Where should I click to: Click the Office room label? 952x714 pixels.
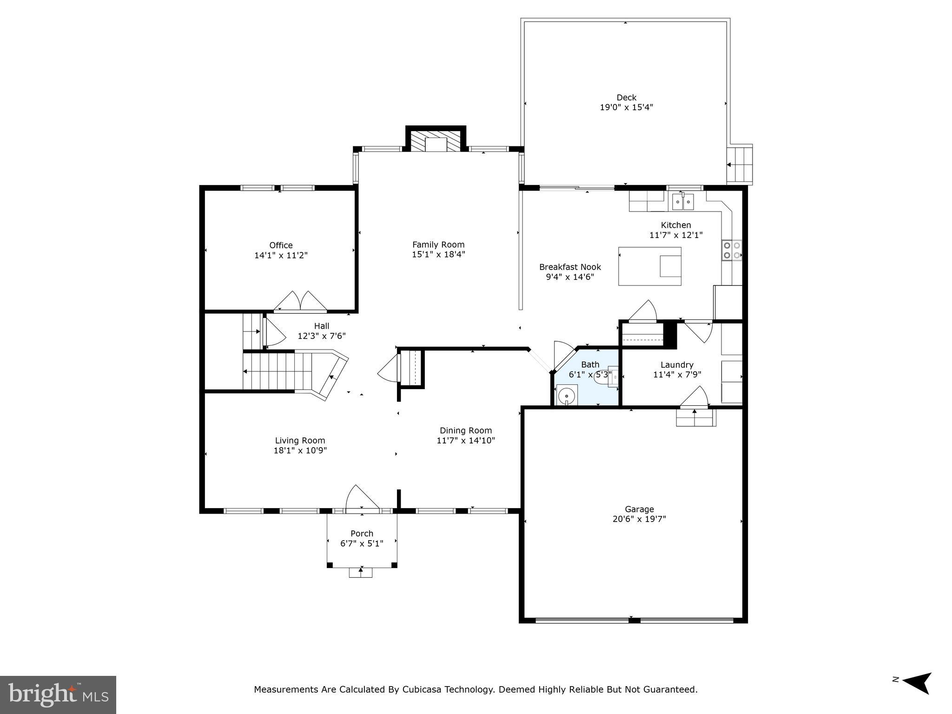click(281, 245)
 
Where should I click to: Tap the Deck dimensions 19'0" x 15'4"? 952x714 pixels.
click(626, 107)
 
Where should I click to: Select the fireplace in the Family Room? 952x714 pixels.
click(436, 142)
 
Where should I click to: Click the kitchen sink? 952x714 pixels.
click(683, 202)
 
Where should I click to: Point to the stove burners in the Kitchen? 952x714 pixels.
click(732, 250)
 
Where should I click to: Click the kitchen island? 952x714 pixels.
click(649, 266)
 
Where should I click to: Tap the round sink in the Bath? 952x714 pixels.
click(567, 397)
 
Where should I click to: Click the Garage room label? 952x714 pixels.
click(639, 509)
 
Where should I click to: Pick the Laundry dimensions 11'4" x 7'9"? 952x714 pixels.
click(677, 375)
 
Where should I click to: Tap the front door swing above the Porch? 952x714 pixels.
click(361, 499)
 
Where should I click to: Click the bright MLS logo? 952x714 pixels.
click(58, 695)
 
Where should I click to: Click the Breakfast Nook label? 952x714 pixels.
click(570, 267)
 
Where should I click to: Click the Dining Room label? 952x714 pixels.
click(466, 431)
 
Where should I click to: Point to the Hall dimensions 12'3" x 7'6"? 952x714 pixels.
click(322, 336)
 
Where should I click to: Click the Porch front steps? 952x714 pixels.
click(361, 573)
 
